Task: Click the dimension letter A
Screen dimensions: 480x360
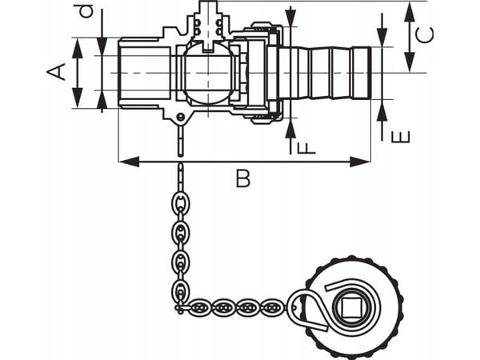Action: coord(56,72)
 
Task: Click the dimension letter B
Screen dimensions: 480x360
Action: coord(243,178)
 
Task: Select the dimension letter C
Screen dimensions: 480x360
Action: coord(424,34)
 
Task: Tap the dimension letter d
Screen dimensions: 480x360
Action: coord(86,12)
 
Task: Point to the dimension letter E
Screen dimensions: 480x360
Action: coord(401,137)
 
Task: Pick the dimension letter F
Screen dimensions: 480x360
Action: coord(306,147)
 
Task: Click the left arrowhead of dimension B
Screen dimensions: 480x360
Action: coord(129,162)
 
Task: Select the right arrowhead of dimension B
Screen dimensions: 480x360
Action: coord(360,162)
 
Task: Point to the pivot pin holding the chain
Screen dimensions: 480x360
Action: coord(181,117)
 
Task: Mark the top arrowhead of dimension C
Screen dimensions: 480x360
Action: coord(410,12)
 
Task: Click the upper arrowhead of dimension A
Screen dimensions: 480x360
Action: coord(78,48)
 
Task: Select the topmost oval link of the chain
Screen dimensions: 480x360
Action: coord(180,203)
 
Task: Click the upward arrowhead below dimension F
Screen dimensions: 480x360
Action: coord(290,128)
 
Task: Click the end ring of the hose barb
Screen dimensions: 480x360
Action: coord(362,73)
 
